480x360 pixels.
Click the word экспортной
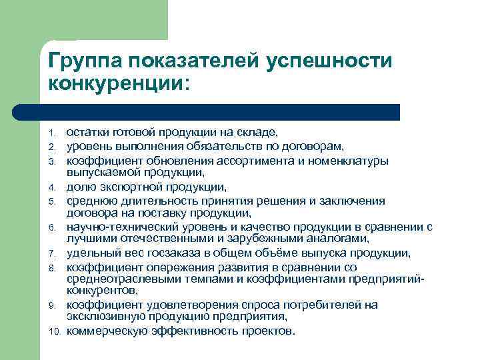click(x=129, y=187)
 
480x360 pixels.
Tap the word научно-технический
click(x=117, y=227)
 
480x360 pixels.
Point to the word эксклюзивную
click(x=101, y=317)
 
